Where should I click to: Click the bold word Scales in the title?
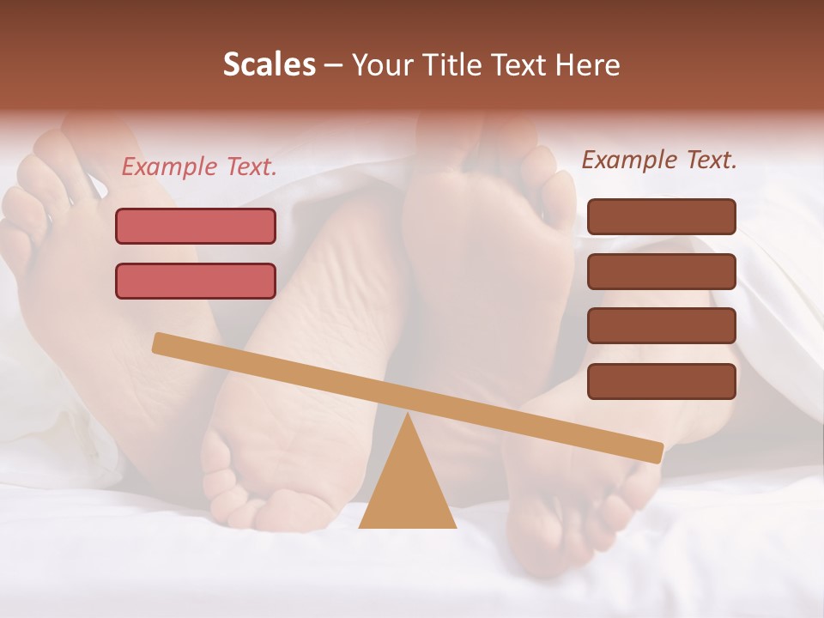[x=270, y=64]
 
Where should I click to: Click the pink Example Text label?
[x=199, y=167]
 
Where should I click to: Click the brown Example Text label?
[x=659, y=160]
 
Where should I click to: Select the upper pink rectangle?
[x=196, y=226]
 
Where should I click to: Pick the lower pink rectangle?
[x=196, y=281]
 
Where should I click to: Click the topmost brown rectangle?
[x=662, y=216]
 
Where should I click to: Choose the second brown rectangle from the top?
[x=662, y=271]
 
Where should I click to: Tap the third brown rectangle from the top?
[x=662, y=326]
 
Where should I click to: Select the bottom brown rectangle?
[x=662, y=381]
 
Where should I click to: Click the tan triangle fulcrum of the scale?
[x=407, y=489]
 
